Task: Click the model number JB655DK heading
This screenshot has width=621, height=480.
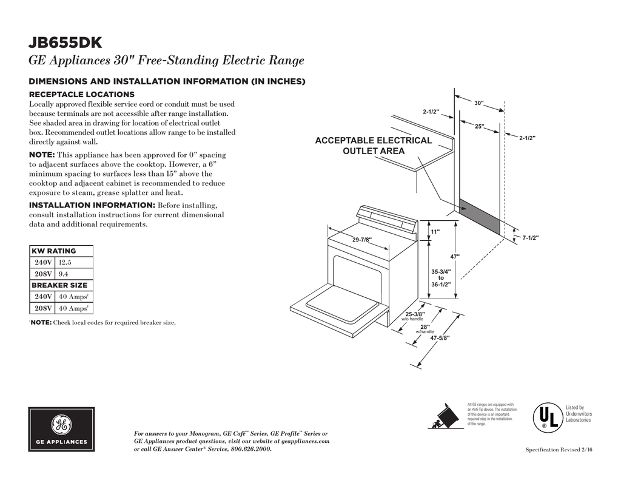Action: coord(65,43)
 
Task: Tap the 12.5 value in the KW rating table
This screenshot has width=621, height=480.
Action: coord(65,263)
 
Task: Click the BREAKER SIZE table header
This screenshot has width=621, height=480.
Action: coord(59,285)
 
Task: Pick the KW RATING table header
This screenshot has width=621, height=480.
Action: coord(54,251)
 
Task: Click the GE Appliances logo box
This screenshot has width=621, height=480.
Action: coord(61,430)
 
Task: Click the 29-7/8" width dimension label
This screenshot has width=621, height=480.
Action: coord(362,240)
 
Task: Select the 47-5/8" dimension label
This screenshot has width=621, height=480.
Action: coord(440,337)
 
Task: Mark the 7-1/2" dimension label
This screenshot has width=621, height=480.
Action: coord(531,238)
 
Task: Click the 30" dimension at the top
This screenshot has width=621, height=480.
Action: coord(478,104)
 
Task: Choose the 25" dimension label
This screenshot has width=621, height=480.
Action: coord(479,126)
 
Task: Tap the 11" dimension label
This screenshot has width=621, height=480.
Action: coord(435,232)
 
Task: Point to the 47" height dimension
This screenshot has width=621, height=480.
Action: coord(455,256)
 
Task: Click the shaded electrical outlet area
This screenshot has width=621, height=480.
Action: coord(480,217)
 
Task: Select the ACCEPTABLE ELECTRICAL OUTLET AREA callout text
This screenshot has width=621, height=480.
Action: coord(374,146)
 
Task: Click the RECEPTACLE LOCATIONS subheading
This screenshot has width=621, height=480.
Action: coord(82,95)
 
